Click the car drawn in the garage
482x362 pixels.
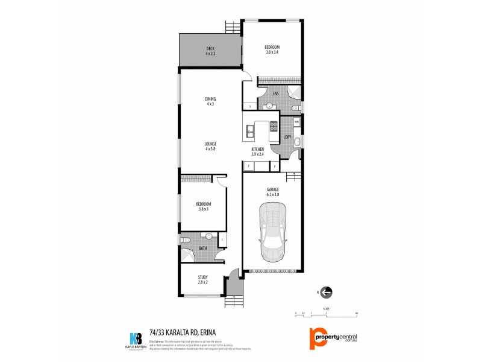point(273,229)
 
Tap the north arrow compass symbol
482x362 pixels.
point(326,293)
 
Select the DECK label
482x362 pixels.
point(210,51)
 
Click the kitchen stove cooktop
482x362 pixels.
point(273,126)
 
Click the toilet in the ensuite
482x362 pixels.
point(295,107)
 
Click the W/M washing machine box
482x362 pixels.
point(296,122)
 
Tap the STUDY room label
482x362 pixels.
point(202,279)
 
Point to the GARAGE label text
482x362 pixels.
point(273,192)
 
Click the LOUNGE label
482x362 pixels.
point(210,146)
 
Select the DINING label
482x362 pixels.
point(210,101)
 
